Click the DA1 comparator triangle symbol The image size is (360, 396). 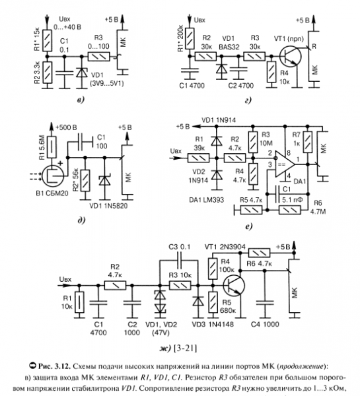pos(285,164)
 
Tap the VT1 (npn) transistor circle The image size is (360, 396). pos(291,56)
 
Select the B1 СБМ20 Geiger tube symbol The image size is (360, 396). pos(53,175)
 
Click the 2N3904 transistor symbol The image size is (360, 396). pos(234,285)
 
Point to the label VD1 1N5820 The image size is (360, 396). pos(108,206)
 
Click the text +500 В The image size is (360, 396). pos(66,127)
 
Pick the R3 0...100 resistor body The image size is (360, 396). pos(99,57)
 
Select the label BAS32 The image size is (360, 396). pos(229,48)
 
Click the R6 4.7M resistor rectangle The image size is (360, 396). pos(290,210)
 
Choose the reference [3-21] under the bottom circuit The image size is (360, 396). pos(186,348)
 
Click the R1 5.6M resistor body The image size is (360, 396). pos(52,147)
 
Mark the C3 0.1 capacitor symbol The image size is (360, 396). pos(180,260)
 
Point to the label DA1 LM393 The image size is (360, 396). pos(207,200)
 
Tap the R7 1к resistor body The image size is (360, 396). pos(308,142)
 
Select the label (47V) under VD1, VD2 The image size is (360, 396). pos(161,333)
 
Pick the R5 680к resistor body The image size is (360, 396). pos(213,302)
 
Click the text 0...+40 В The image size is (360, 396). pos(67,27)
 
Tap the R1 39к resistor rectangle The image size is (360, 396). pos(198,158)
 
